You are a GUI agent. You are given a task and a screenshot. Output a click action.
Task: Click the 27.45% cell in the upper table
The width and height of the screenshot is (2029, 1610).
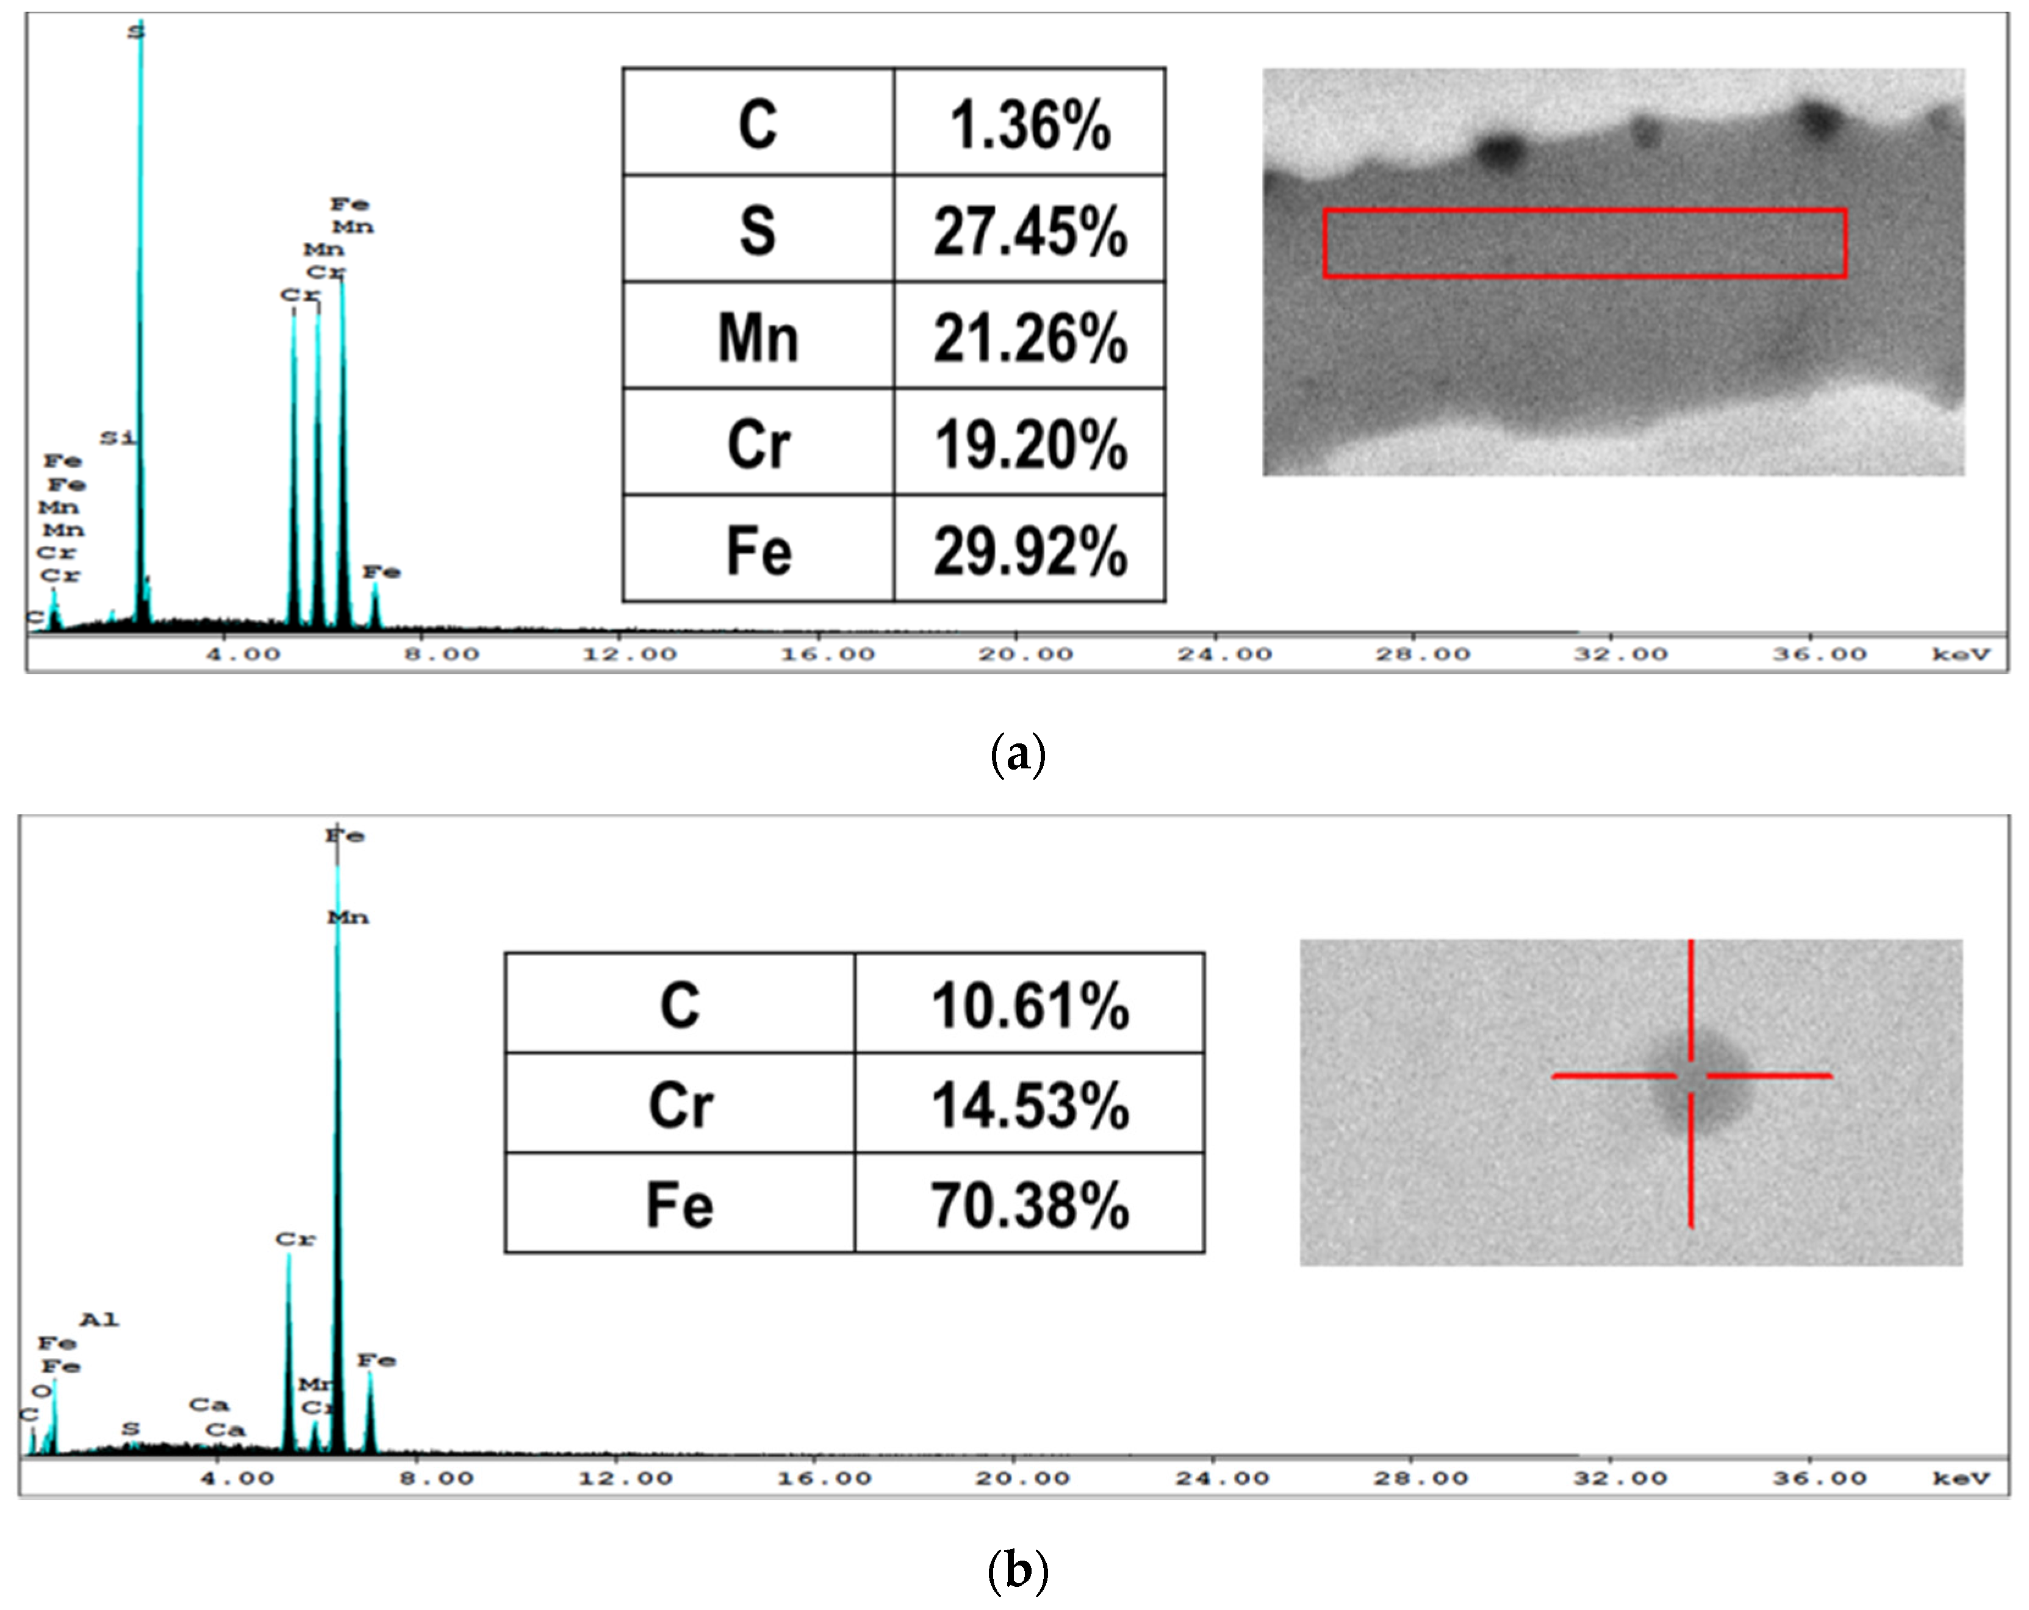click(1030, 229)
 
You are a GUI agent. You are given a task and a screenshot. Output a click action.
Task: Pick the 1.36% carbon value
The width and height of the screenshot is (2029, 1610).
click(1030, 123)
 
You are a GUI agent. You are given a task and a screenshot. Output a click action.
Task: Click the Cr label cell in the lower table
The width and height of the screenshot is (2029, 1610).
click(680, 1104)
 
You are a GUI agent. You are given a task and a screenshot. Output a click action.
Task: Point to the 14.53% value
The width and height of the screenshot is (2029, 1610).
click(1030, 1104)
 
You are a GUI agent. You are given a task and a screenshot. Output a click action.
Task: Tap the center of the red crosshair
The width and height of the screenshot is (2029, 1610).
click(1691, 1076)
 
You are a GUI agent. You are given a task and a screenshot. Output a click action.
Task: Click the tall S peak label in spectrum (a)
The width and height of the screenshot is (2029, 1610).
click(137, 32)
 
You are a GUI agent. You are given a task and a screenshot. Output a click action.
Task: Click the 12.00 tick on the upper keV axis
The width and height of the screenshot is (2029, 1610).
click(629, 654)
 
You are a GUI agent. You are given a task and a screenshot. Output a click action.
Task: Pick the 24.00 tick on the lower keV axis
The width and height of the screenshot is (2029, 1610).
click(1221, 1478)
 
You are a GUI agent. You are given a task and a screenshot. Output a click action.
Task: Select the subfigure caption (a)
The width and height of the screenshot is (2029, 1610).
click(1018, 754)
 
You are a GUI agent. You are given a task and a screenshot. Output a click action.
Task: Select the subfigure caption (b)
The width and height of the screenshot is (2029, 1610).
click(1018, 1570)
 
